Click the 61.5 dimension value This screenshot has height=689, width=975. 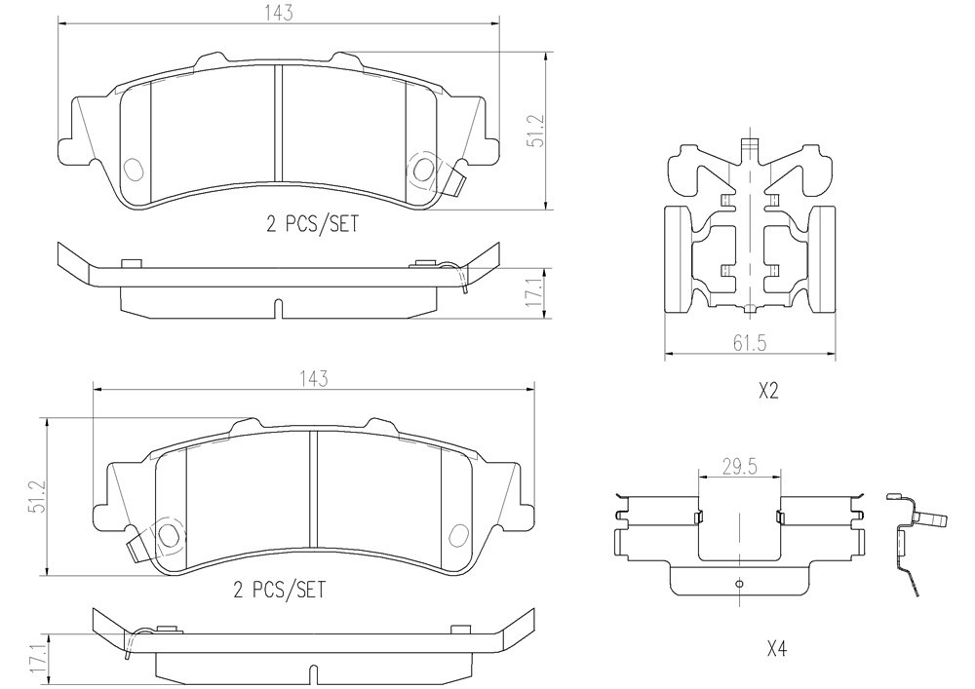pos(750,342)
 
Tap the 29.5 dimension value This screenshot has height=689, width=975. pos(739,467)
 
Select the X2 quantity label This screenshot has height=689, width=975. pos(768,392)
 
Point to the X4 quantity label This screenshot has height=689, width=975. pos(777,650)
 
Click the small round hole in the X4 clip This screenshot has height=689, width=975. pos(739,583)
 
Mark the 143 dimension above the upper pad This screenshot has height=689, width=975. pos(279,13)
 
